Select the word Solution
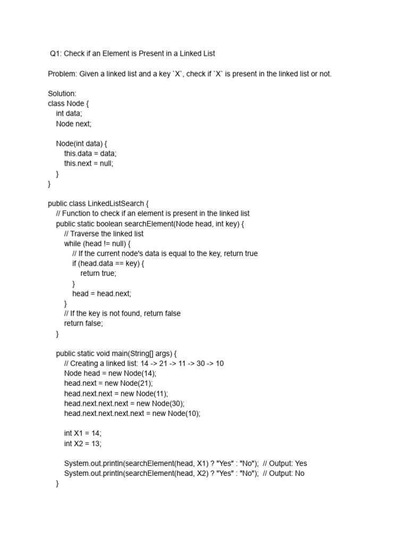(62, 93)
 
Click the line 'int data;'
(69, 114)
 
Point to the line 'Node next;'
(74, 124)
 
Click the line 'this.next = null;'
(89, 164)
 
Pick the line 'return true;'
(98, 274)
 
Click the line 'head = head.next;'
(101, 293)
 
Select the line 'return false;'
(83, 324)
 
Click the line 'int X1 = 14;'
(82, 433)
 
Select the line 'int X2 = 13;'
(82, 444)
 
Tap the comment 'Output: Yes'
(289, 463)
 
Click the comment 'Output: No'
(287, 473)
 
